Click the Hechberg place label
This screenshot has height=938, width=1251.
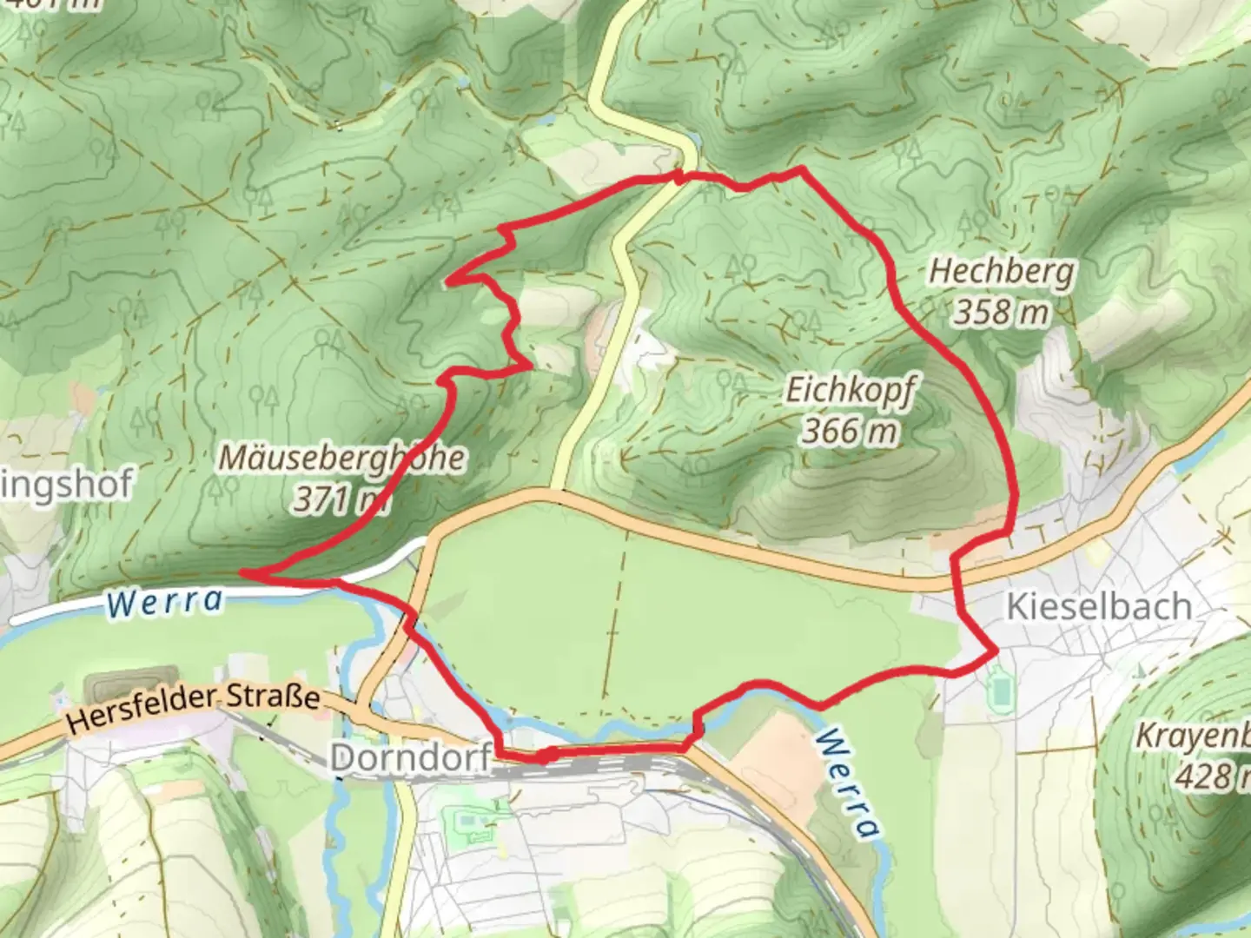click(1001, 273)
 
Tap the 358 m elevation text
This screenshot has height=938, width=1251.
click(1001, 312)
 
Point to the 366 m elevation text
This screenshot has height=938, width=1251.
click(849, 430)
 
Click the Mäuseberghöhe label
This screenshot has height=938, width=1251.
click(341, 458)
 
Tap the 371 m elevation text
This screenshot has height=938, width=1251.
click(340, 499)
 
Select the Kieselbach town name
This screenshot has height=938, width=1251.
click(1098, 606)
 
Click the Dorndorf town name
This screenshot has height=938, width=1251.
click(411, 758)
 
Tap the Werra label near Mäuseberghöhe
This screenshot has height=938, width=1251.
click(164, 601)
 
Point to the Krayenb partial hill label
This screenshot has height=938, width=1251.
click(1194, 737)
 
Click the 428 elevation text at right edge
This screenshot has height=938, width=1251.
click(1213, 776)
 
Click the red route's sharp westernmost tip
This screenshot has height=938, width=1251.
click(243, 573)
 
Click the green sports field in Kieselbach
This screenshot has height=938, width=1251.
click(1002, 690)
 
